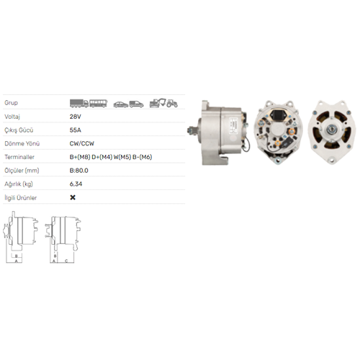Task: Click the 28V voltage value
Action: pos(75,117)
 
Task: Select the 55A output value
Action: pos(75,130)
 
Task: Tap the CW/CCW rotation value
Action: pos(82,143)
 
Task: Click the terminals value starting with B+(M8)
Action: pos(111,157)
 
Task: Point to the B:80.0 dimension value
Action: pos(78,171)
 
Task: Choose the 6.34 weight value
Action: pos(76,184)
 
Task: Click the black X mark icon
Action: pos(73,197)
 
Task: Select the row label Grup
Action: pos(11,103)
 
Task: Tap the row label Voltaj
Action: pos(12,117)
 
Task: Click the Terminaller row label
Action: pos(19,157)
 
